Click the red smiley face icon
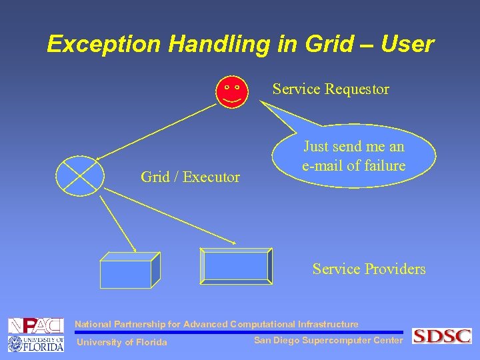(x=231, y=91)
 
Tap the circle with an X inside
(x=79, y=177)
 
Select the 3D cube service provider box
(x=129, y=271)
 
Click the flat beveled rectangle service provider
(x=237, y=265)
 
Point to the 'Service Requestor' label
(x=331, y=89)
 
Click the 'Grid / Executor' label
(x=190, y=177)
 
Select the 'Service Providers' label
(x=369, y=269)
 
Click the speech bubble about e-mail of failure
(x=354, y=156)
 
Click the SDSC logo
(x=441, y=336)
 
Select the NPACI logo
(x=35, y=325)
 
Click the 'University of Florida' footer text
(x=122, y=343)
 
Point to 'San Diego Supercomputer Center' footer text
(x=328, y=341)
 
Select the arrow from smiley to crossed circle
(x=157, y=129)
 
